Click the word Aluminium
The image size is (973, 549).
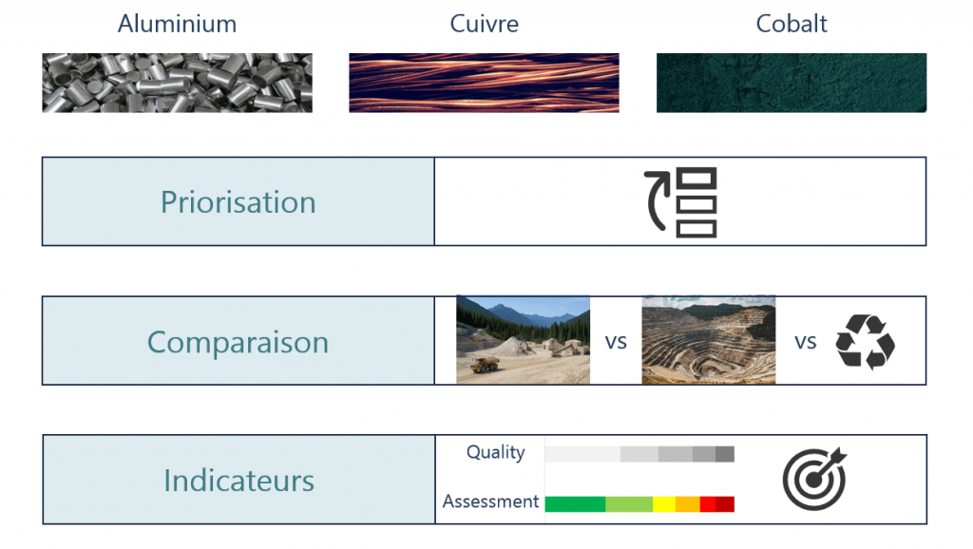point(177,24)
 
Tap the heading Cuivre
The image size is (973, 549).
point(484,24)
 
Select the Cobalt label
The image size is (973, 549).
point(792,24)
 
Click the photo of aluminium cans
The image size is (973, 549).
point(177,83)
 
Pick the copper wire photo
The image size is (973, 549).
point(484,83)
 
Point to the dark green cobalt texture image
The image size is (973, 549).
point(792,83)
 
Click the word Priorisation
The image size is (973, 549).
point(238,202)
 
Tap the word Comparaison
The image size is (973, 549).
point(238,342)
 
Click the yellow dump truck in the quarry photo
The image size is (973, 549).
point(485,364)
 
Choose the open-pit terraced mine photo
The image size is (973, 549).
point(708,340)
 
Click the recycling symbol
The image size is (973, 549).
point(865,342)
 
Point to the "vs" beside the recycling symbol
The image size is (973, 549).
point(806,342)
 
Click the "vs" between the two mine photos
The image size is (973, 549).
point(616,342)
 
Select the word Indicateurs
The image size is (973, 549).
point(238,481)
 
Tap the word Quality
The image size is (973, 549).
point(495,452)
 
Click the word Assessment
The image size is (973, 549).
point(490,502)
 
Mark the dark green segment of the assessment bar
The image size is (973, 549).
point(575,504)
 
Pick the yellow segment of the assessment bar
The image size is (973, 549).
point(664,504)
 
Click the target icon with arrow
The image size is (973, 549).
point(814,479)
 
